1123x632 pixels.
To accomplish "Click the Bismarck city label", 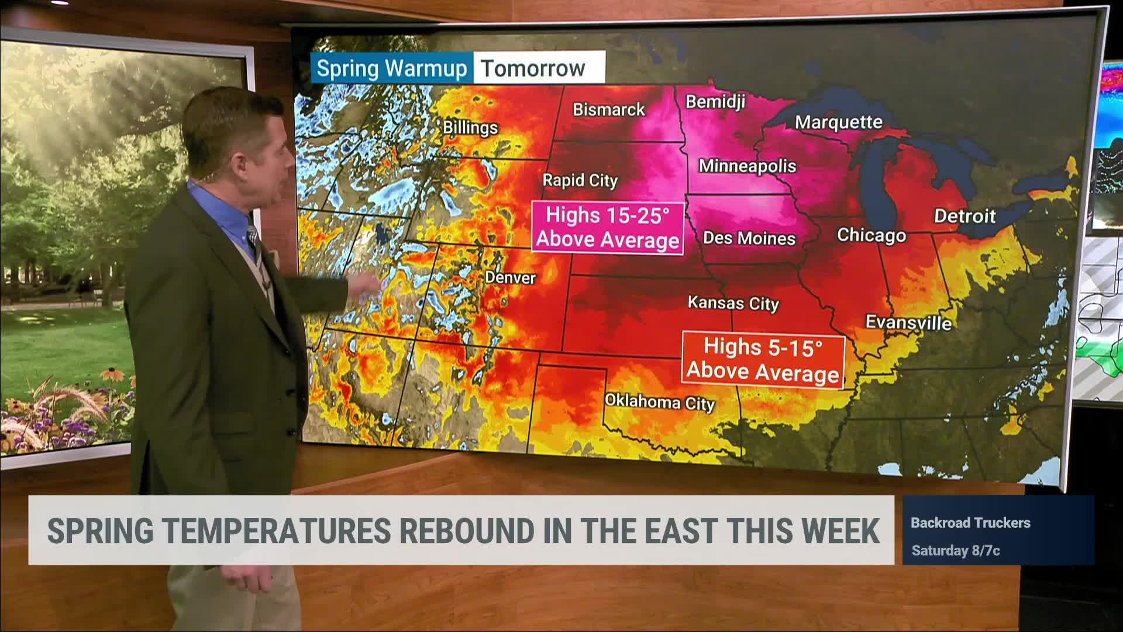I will point(608,109).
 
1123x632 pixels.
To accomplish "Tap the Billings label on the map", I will point(470,128).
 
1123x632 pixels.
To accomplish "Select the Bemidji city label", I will point(715,102).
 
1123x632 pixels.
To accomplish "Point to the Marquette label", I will point(838,122).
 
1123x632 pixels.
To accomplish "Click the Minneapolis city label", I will point(747,166).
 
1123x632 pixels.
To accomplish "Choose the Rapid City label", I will point(580,180).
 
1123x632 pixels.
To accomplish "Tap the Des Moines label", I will point(749,238).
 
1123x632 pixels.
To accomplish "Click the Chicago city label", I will point(871,235).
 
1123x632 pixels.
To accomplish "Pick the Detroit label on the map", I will point(964,216).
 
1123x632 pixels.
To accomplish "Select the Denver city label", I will point(510,277).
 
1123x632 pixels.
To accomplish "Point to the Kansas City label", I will point(733,303).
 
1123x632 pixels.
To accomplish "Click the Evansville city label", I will point(908,322).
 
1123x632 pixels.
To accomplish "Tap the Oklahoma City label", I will point(659,402).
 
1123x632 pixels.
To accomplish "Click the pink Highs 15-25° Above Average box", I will point(608,227).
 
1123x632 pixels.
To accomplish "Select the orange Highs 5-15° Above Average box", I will point(763,359).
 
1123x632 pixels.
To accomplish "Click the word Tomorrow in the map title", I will point(533,68).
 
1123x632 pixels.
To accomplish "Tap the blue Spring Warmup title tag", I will point(391,68).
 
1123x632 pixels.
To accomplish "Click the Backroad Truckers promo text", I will point(970,523).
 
